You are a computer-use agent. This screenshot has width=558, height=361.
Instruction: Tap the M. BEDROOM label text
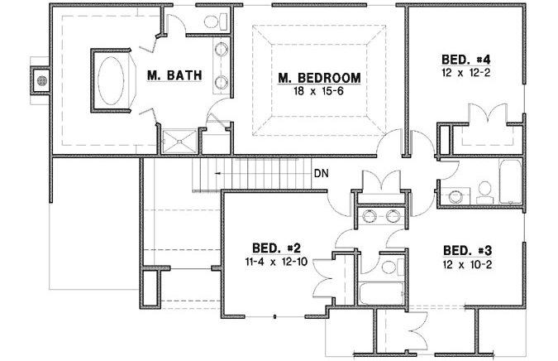pyautogui.click(x=319, y=78)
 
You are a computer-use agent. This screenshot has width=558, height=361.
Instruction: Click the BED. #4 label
pyautogui.click(x=467, y=60)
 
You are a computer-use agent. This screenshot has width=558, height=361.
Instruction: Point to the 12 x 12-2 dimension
pyautogui.click(x=467, y=73)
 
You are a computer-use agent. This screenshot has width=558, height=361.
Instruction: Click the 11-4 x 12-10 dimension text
pyautogui.click(x=276, y=261)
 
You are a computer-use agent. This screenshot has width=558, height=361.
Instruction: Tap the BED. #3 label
pyautogui.click(x=468, y=250)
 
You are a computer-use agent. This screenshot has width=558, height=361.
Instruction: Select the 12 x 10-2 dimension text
pyautogui.click(x=468, y=262)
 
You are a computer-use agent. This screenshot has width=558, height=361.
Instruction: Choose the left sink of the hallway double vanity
pyautogui.click(x=369, y=217)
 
